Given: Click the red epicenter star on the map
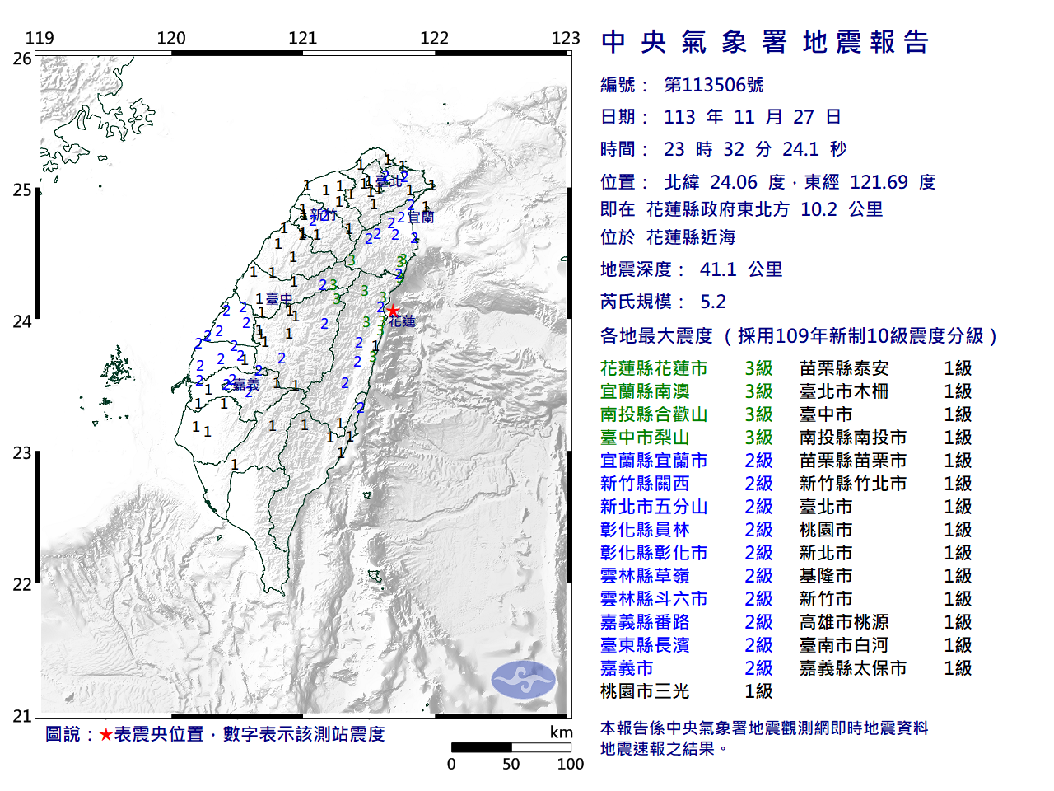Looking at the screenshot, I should [x=394, y=311].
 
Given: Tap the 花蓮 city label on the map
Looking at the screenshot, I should [x=403, y=321].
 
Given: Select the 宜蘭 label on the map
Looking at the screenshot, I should [x=421, y=218].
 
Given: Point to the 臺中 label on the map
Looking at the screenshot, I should [x=279, y=299].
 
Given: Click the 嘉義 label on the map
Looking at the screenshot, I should [x=245, y=385].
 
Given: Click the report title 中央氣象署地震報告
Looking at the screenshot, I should [x=765, y=42].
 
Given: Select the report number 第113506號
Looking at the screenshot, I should [x=713, y=85].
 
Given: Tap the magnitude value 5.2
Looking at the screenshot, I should [x=713, y=302].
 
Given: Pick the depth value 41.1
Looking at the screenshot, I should [x=717, y=269].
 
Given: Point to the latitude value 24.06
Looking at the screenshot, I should [x=724, y=182].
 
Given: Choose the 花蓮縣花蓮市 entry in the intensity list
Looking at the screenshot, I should [x=654, y=368].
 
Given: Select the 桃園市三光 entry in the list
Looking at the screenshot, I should [x=645, y=691].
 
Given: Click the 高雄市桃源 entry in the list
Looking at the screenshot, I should [x=844, y=622].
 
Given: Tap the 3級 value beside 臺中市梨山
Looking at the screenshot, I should [x=758, y=438].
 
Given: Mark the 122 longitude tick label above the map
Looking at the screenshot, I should [x=434, y=38].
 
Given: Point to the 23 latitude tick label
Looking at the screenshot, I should [x=22, y=453].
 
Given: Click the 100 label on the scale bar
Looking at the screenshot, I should [x=570, y=764].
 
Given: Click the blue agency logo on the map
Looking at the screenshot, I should [x=524, y=680].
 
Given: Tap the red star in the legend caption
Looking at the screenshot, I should [x=105, y=734].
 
